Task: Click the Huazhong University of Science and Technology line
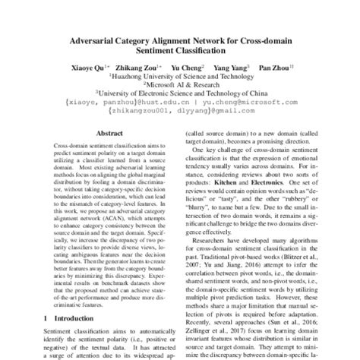tap(181, 77)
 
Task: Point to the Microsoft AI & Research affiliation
tap(181, 85)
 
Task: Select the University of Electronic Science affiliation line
tap(181, 93)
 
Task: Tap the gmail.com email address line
tap(180, 110)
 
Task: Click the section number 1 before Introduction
tap(46, 317)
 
